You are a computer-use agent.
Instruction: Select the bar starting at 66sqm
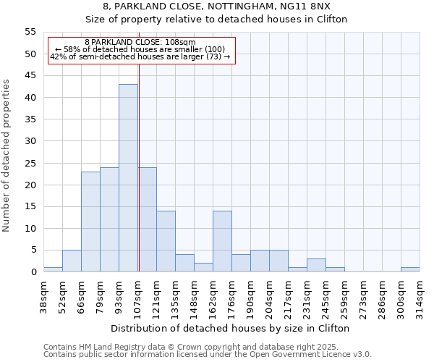coord(90,222)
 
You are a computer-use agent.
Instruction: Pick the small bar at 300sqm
coord(410,269)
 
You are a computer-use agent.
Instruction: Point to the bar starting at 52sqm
coord(72,261)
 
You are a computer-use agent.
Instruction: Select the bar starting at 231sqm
coord(316,265)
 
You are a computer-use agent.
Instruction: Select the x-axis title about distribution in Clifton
coord(231,328)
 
